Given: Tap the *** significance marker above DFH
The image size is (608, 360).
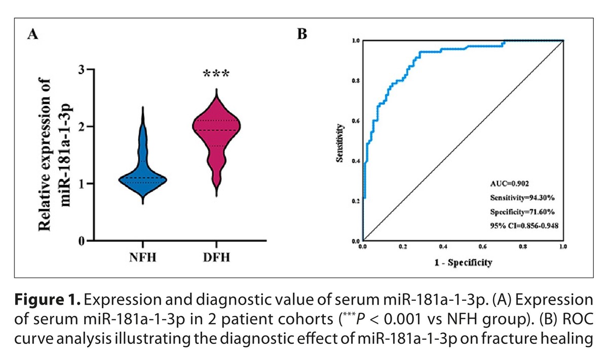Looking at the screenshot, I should [216, 74].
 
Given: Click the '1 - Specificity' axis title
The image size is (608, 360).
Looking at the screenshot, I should [463, 262].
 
